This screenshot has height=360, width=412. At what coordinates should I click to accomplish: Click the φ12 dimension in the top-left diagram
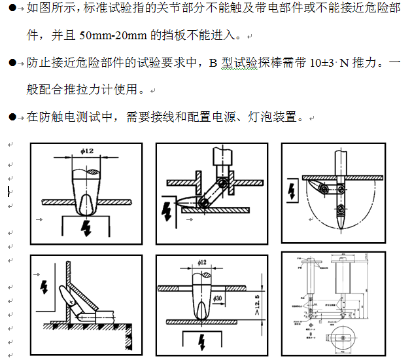coord(86,151)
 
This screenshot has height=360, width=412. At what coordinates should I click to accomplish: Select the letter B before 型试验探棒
coord(212,64)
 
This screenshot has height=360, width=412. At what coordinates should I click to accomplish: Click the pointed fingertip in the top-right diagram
coord(341,225)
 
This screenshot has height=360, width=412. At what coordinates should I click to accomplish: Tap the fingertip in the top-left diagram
coord(85,208)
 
